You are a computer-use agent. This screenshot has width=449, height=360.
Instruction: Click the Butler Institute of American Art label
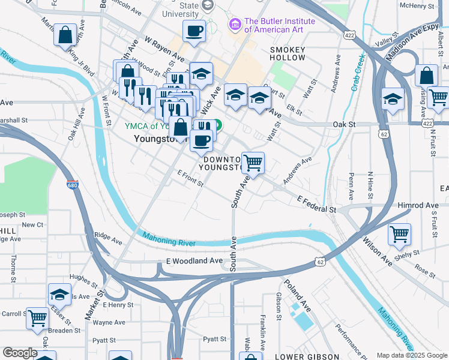pos(271,25)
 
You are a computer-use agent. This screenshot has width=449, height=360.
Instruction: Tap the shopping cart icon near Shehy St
pos(399,234)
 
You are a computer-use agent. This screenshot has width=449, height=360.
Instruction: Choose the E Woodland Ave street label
pos(194,261)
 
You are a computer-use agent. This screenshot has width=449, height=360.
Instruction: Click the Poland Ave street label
pos(298,295)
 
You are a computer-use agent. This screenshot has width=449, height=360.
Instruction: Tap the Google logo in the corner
pos(20,353)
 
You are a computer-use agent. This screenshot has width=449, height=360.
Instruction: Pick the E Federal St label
pos(316,204)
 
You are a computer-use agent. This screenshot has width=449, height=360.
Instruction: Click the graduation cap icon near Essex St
pos(59,293)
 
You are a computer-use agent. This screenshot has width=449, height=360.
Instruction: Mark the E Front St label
pos(191,178)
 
